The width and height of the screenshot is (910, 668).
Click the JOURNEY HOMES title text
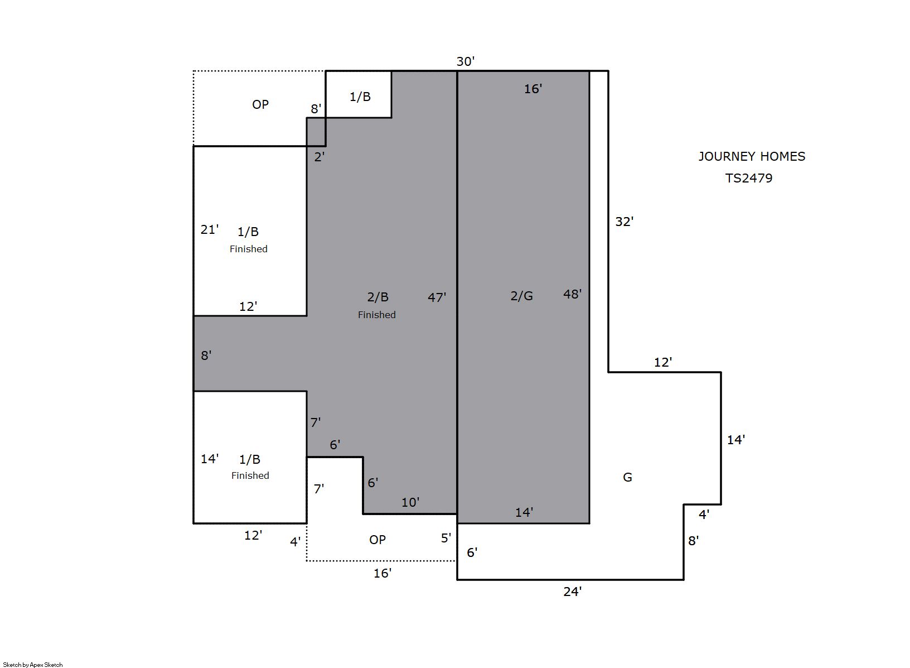point(752,156)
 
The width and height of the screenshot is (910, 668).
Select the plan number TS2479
point(749,178)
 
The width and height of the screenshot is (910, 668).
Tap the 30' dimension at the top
point(466,61)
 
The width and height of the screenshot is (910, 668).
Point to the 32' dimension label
point(625,222)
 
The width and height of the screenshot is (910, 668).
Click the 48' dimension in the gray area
point(573,294)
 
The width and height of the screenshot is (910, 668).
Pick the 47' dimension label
point(437,297)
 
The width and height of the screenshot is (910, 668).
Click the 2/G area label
point(521,296)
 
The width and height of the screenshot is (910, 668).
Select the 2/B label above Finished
point(378,297)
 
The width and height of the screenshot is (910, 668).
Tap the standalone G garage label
point(627,477)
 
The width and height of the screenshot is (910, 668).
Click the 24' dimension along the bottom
point(573,592)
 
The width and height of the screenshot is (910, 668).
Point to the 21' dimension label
point(210,230)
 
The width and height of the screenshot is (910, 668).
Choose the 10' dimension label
point(410,502)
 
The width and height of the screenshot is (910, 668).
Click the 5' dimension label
point(446,538)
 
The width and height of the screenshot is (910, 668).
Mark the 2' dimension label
point(320,156)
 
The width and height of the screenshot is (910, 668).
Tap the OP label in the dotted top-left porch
point(260,104)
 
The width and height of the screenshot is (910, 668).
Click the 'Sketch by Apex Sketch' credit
point(33,665)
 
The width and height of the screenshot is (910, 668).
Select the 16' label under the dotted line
point(383,573)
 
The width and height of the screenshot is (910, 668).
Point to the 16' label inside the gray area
point(533,89)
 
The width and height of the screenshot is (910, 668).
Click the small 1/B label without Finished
point(360,97)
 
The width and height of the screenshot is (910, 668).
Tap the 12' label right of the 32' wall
point(663,362)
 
